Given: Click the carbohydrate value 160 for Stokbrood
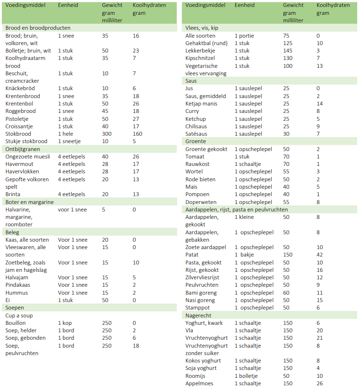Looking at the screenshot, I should (x=137, y=134).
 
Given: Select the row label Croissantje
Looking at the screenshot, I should (x=20, y=126).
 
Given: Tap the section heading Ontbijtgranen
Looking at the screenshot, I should (x=22, y=149).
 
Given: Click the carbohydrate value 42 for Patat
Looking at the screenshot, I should (x=320, y=255).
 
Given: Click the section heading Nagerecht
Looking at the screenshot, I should (x=199, y=315).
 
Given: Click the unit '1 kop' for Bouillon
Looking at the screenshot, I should (x=66, y=323).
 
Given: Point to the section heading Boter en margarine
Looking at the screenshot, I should (x=29, y=202).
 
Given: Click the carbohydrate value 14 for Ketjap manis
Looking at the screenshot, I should (x=320, y=104).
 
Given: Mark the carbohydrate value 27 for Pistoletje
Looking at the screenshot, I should (x=136, y=119).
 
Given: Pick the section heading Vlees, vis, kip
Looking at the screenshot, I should (x=201, y=28).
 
